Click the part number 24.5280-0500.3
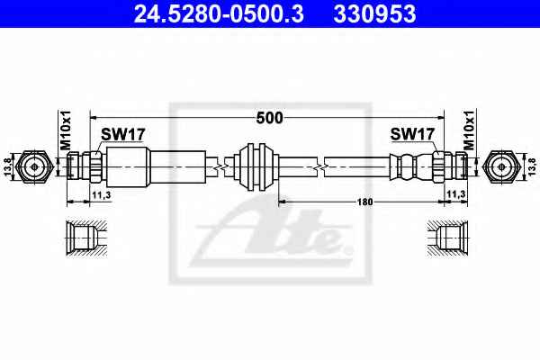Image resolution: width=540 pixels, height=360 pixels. [219, 13]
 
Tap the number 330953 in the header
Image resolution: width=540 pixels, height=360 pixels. [374, 13]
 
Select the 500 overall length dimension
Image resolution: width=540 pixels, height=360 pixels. [269, 118]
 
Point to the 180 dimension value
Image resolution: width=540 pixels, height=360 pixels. [364, 202]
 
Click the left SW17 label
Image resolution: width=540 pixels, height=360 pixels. [123, 134]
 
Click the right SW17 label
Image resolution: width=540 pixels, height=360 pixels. [412, 134]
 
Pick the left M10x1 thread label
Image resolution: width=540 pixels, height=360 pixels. [65, 130]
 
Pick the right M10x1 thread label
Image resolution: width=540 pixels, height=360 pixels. [469, 130]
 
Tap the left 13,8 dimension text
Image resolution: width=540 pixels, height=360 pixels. [8, 166]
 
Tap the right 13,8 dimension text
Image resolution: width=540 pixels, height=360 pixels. [532, 166]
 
